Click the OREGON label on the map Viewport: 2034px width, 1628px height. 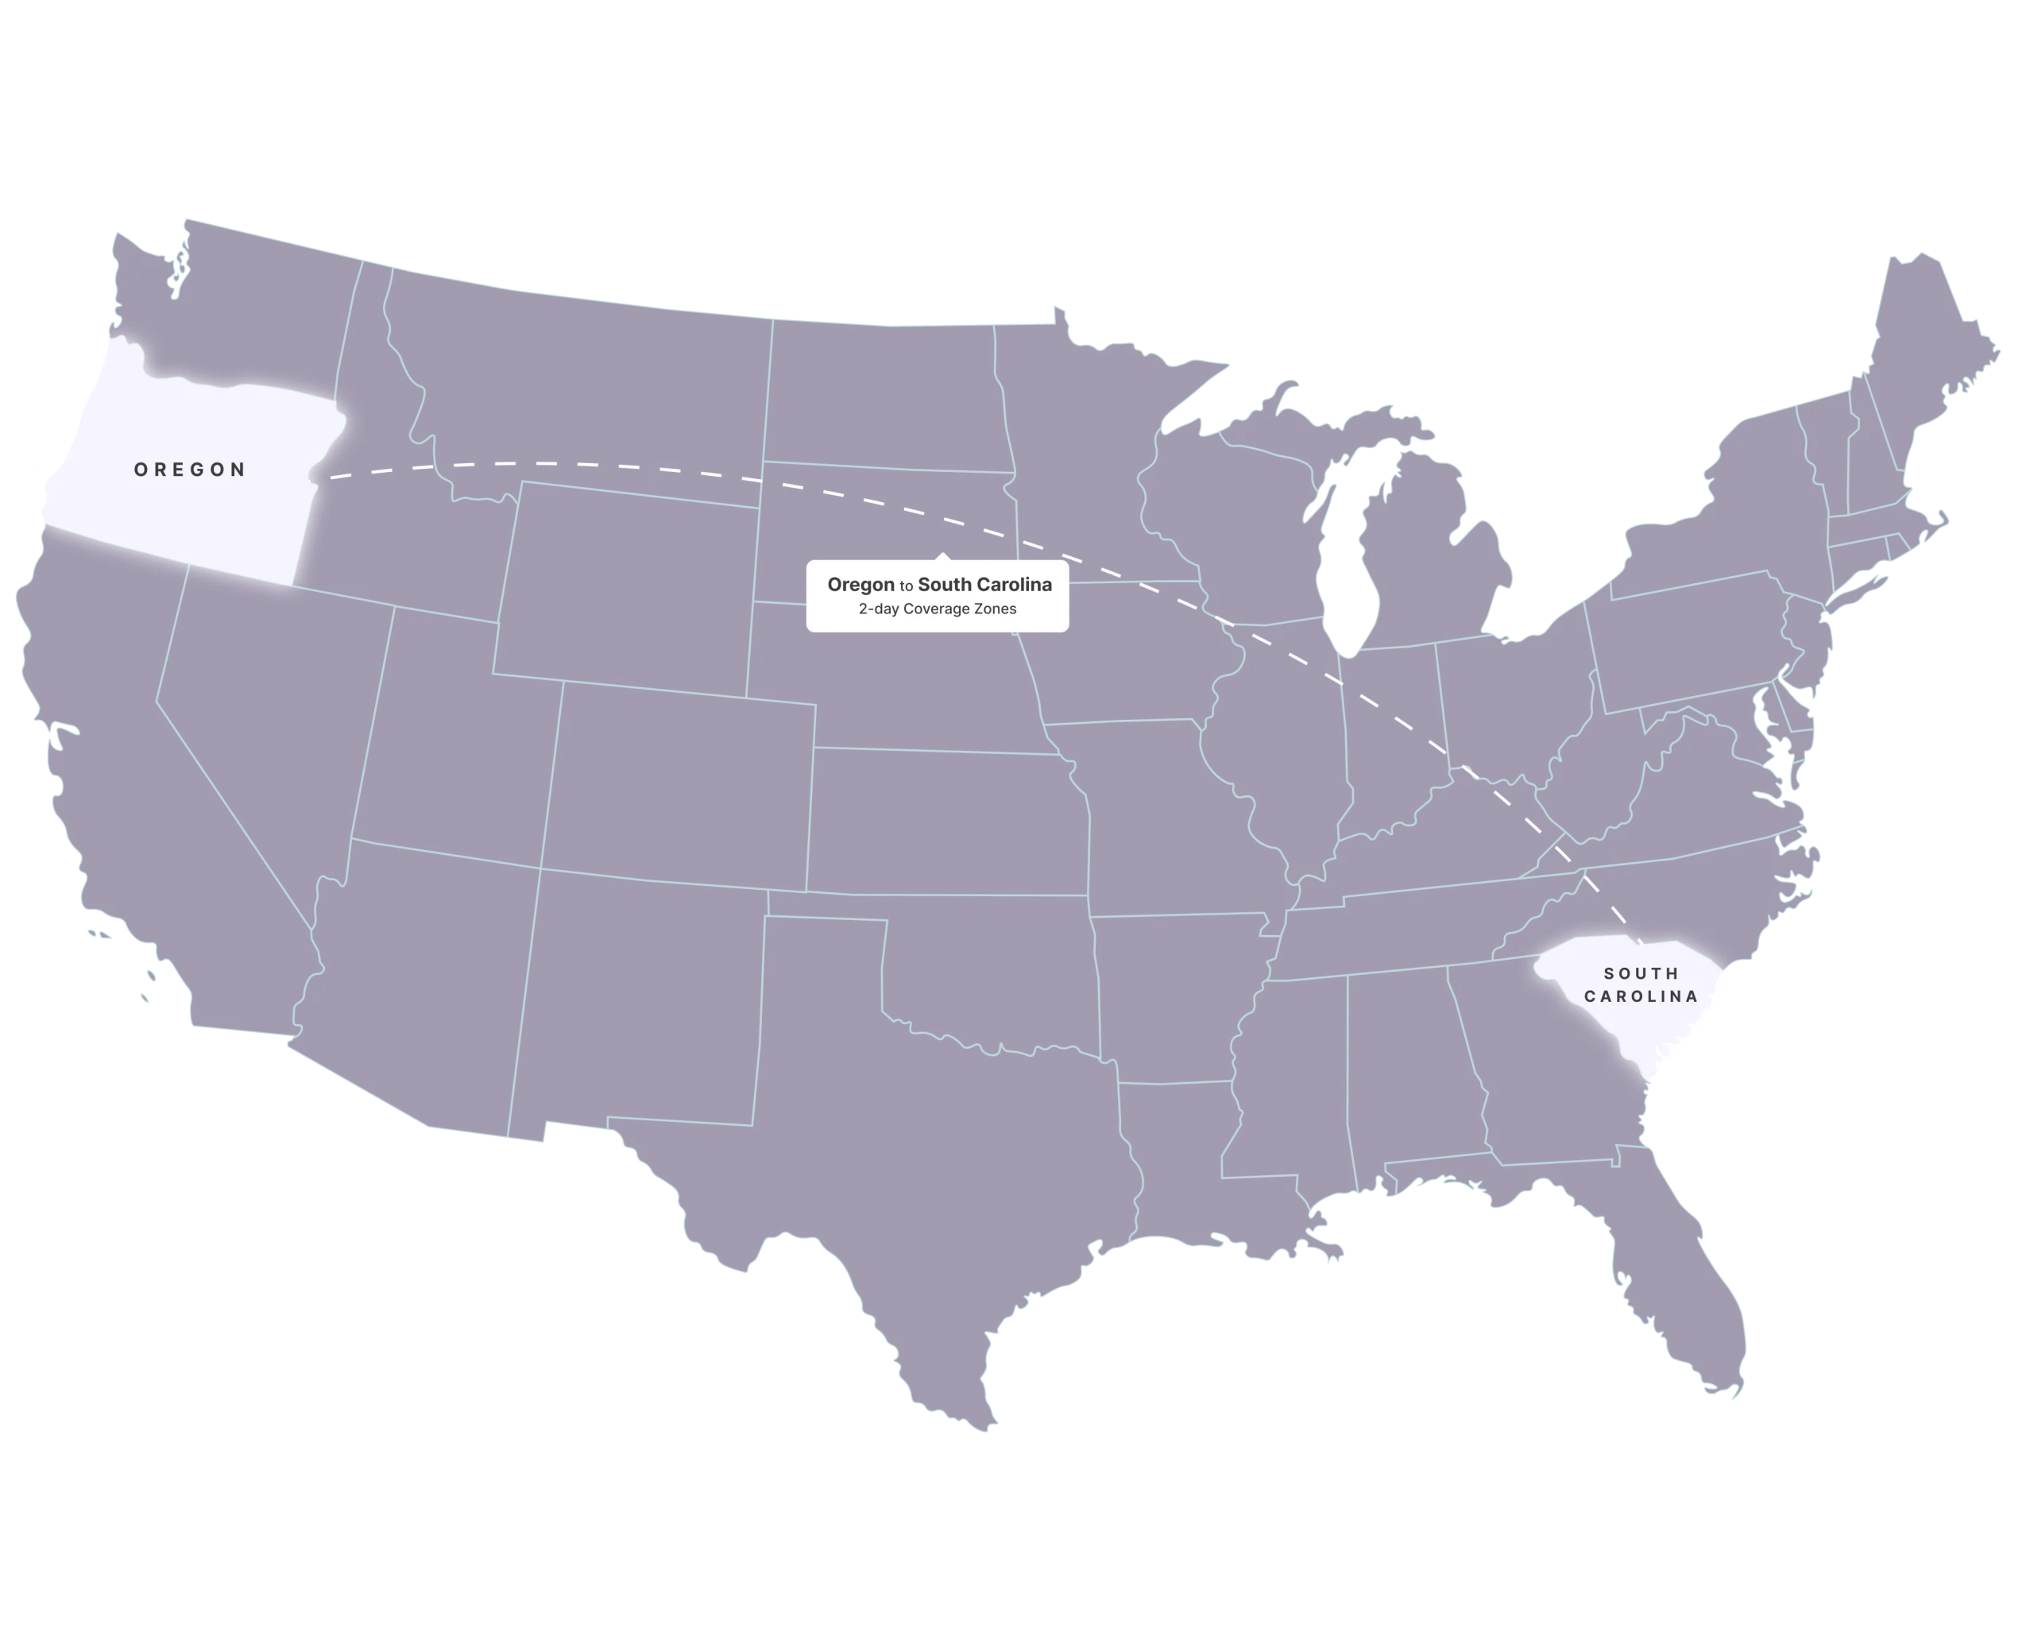point(190,470)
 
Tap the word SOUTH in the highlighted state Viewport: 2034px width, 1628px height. point(1642,973)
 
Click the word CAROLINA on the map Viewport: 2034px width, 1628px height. point(1641,996)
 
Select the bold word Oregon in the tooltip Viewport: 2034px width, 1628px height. point(860,585)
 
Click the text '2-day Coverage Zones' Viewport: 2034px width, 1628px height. point(937,609)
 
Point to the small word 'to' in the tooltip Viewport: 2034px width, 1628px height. point(906,586)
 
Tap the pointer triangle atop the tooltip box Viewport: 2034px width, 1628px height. point(942,556)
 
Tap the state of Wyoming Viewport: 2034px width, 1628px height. point(628,585)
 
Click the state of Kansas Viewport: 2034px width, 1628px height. point(948,821)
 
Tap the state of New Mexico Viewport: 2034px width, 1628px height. point(641,1000)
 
